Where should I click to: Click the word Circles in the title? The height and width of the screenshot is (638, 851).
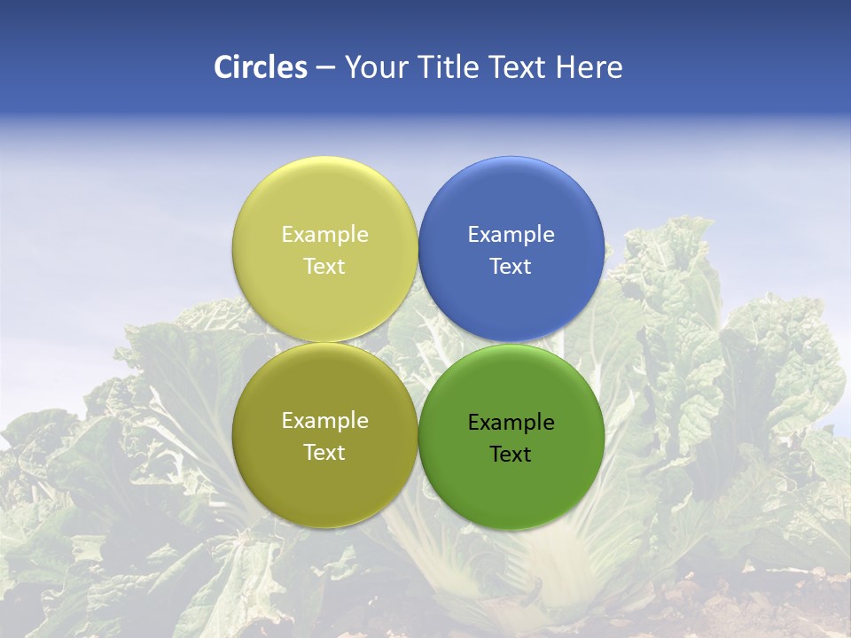[x=261, y=67]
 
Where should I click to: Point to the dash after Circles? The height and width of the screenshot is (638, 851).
[x=325, y=68]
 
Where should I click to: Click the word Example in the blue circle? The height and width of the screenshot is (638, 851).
[x=511, y=235]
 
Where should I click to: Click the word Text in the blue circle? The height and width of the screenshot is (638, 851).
[x=511, y=267]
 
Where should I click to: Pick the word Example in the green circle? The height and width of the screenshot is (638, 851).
[x=511, y=423]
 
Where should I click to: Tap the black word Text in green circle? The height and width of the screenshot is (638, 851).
[x=511, y=455]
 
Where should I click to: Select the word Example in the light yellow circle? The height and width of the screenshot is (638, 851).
[x=324, y=235]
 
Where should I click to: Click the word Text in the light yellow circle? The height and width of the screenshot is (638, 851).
[x=324, y=267]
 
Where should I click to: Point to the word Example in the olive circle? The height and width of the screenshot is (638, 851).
[x=324, y=421]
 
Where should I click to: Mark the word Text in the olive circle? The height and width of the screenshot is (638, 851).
[x=324, y=453]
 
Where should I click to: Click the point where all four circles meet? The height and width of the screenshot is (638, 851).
[x=418, y=343]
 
